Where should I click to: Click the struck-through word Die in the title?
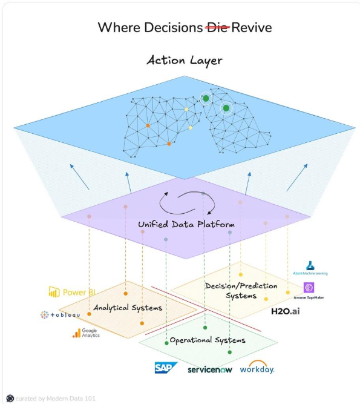click(217, 27)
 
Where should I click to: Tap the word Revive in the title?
click(250, 27)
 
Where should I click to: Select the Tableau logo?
click(60, 314)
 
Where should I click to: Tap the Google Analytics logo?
click(85, 333)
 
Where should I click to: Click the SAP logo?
click(165, 367)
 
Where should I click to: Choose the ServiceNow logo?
click(210, 368)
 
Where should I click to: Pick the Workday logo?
click(257, 367)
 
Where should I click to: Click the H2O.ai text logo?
click(286, 311)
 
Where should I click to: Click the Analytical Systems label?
click(128, 308)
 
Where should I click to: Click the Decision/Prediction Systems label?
click(241, 291)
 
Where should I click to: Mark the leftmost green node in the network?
click(206, 98)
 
